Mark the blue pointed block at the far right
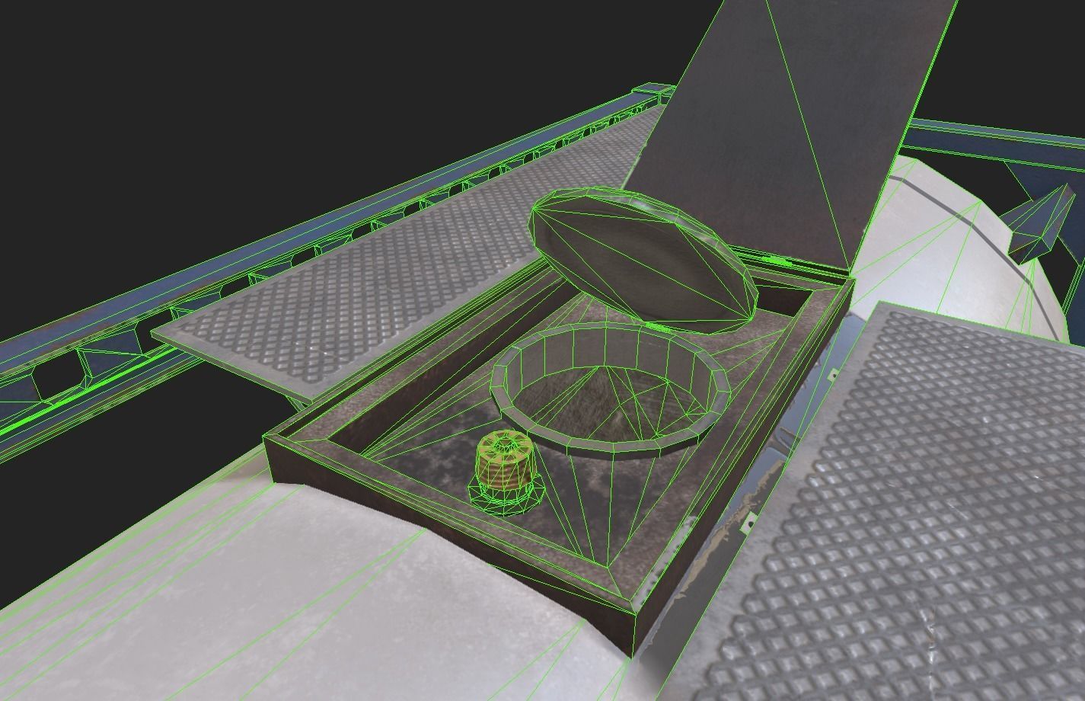[1039, 221]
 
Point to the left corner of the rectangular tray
[266, 437]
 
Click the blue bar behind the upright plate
[990, 137]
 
